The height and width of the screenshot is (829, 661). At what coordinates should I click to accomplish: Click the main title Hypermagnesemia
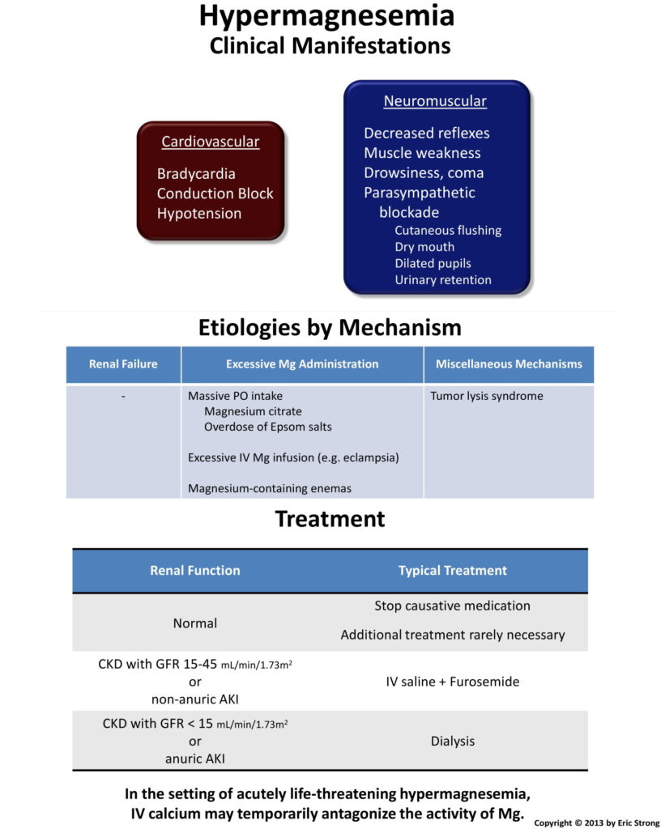point(326,17)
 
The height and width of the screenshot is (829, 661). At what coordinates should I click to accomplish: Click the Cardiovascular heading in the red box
point(211,142)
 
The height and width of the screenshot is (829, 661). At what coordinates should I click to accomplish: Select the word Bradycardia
point(196,174)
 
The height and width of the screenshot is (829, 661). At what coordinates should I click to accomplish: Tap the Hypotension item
point(199,214)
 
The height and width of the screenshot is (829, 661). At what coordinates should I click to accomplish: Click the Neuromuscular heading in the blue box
point(435,101)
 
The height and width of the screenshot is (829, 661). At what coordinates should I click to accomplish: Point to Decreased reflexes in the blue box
point(427,133)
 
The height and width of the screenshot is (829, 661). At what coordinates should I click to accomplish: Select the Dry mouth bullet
point(424,247)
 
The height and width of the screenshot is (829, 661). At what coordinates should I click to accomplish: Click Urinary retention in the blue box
point(443,279)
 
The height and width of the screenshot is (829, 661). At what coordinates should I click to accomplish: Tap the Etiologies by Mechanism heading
point(330,328)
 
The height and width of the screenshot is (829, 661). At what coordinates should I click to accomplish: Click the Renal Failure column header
point(123,363)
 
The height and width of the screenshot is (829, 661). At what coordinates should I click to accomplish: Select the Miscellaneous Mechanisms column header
point(509,363)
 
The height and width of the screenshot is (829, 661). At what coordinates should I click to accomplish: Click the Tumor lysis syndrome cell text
point(487,396)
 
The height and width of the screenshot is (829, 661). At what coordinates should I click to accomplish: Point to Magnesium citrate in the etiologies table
point(253,411)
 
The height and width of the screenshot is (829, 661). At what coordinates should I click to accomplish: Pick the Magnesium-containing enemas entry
point(270,488)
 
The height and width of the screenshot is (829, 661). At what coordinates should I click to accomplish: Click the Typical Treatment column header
point(453,571)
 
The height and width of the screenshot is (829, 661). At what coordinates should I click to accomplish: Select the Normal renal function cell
point(195,623)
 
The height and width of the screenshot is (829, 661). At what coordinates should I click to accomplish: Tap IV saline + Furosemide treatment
point(453,682)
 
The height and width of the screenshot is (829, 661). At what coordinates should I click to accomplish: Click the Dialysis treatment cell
point(453,742)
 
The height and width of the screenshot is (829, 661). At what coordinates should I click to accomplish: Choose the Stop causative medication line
point(453,606)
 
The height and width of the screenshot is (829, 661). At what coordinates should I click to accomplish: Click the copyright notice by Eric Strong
point(596,823)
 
